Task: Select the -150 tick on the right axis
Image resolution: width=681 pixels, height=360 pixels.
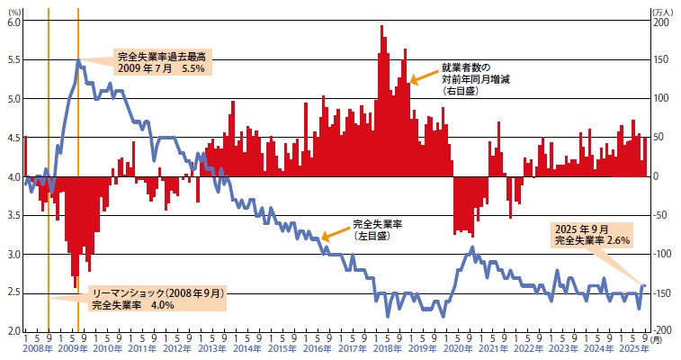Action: pos(663,293)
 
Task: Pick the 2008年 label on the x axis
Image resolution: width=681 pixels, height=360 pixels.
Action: pos(38,348)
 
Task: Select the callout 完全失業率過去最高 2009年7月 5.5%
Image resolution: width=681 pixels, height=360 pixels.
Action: pos(166,61)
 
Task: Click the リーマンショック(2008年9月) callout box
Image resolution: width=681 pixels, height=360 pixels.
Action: pos(156,299)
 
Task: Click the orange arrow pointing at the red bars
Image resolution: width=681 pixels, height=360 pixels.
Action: pos(423,76)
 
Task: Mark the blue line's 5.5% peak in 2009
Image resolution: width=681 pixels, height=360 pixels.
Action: pos(79,60)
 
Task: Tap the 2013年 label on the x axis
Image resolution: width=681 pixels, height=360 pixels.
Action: pos(211,348)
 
